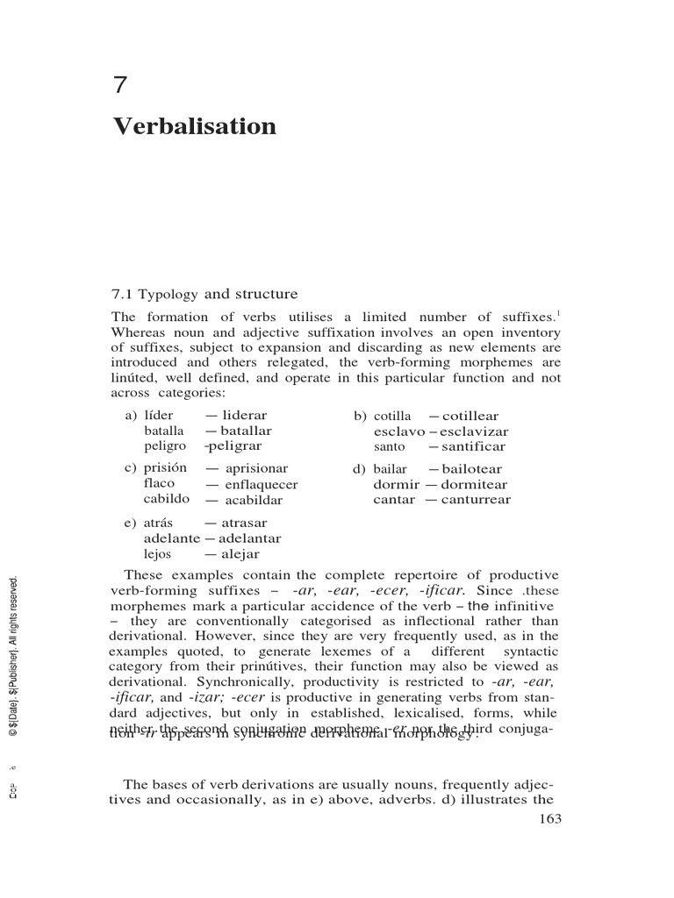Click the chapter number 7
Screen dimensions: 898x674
coord(121,86)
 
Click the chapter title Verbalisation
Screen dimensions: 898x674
coord(194,127)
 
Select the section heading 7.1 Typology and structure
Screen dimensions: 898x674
coord(204,294)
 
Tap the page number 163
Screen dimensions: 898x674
coord(547,819)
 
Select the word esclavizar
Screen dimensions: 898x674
coord(474,431)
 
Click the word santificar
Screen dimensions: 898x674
coord(474,446)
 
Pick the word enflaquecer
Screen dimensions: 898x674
coord(262,484)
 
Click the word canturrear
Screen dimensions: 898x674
coord(476,500)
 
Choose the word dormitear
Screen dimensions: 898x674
coord(474,484)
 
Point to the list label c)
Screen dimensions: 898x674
coord(131,469)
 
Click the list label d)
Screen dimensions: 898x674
coord(359,469)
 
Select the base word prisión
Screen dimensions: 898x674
coord(166,468)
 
